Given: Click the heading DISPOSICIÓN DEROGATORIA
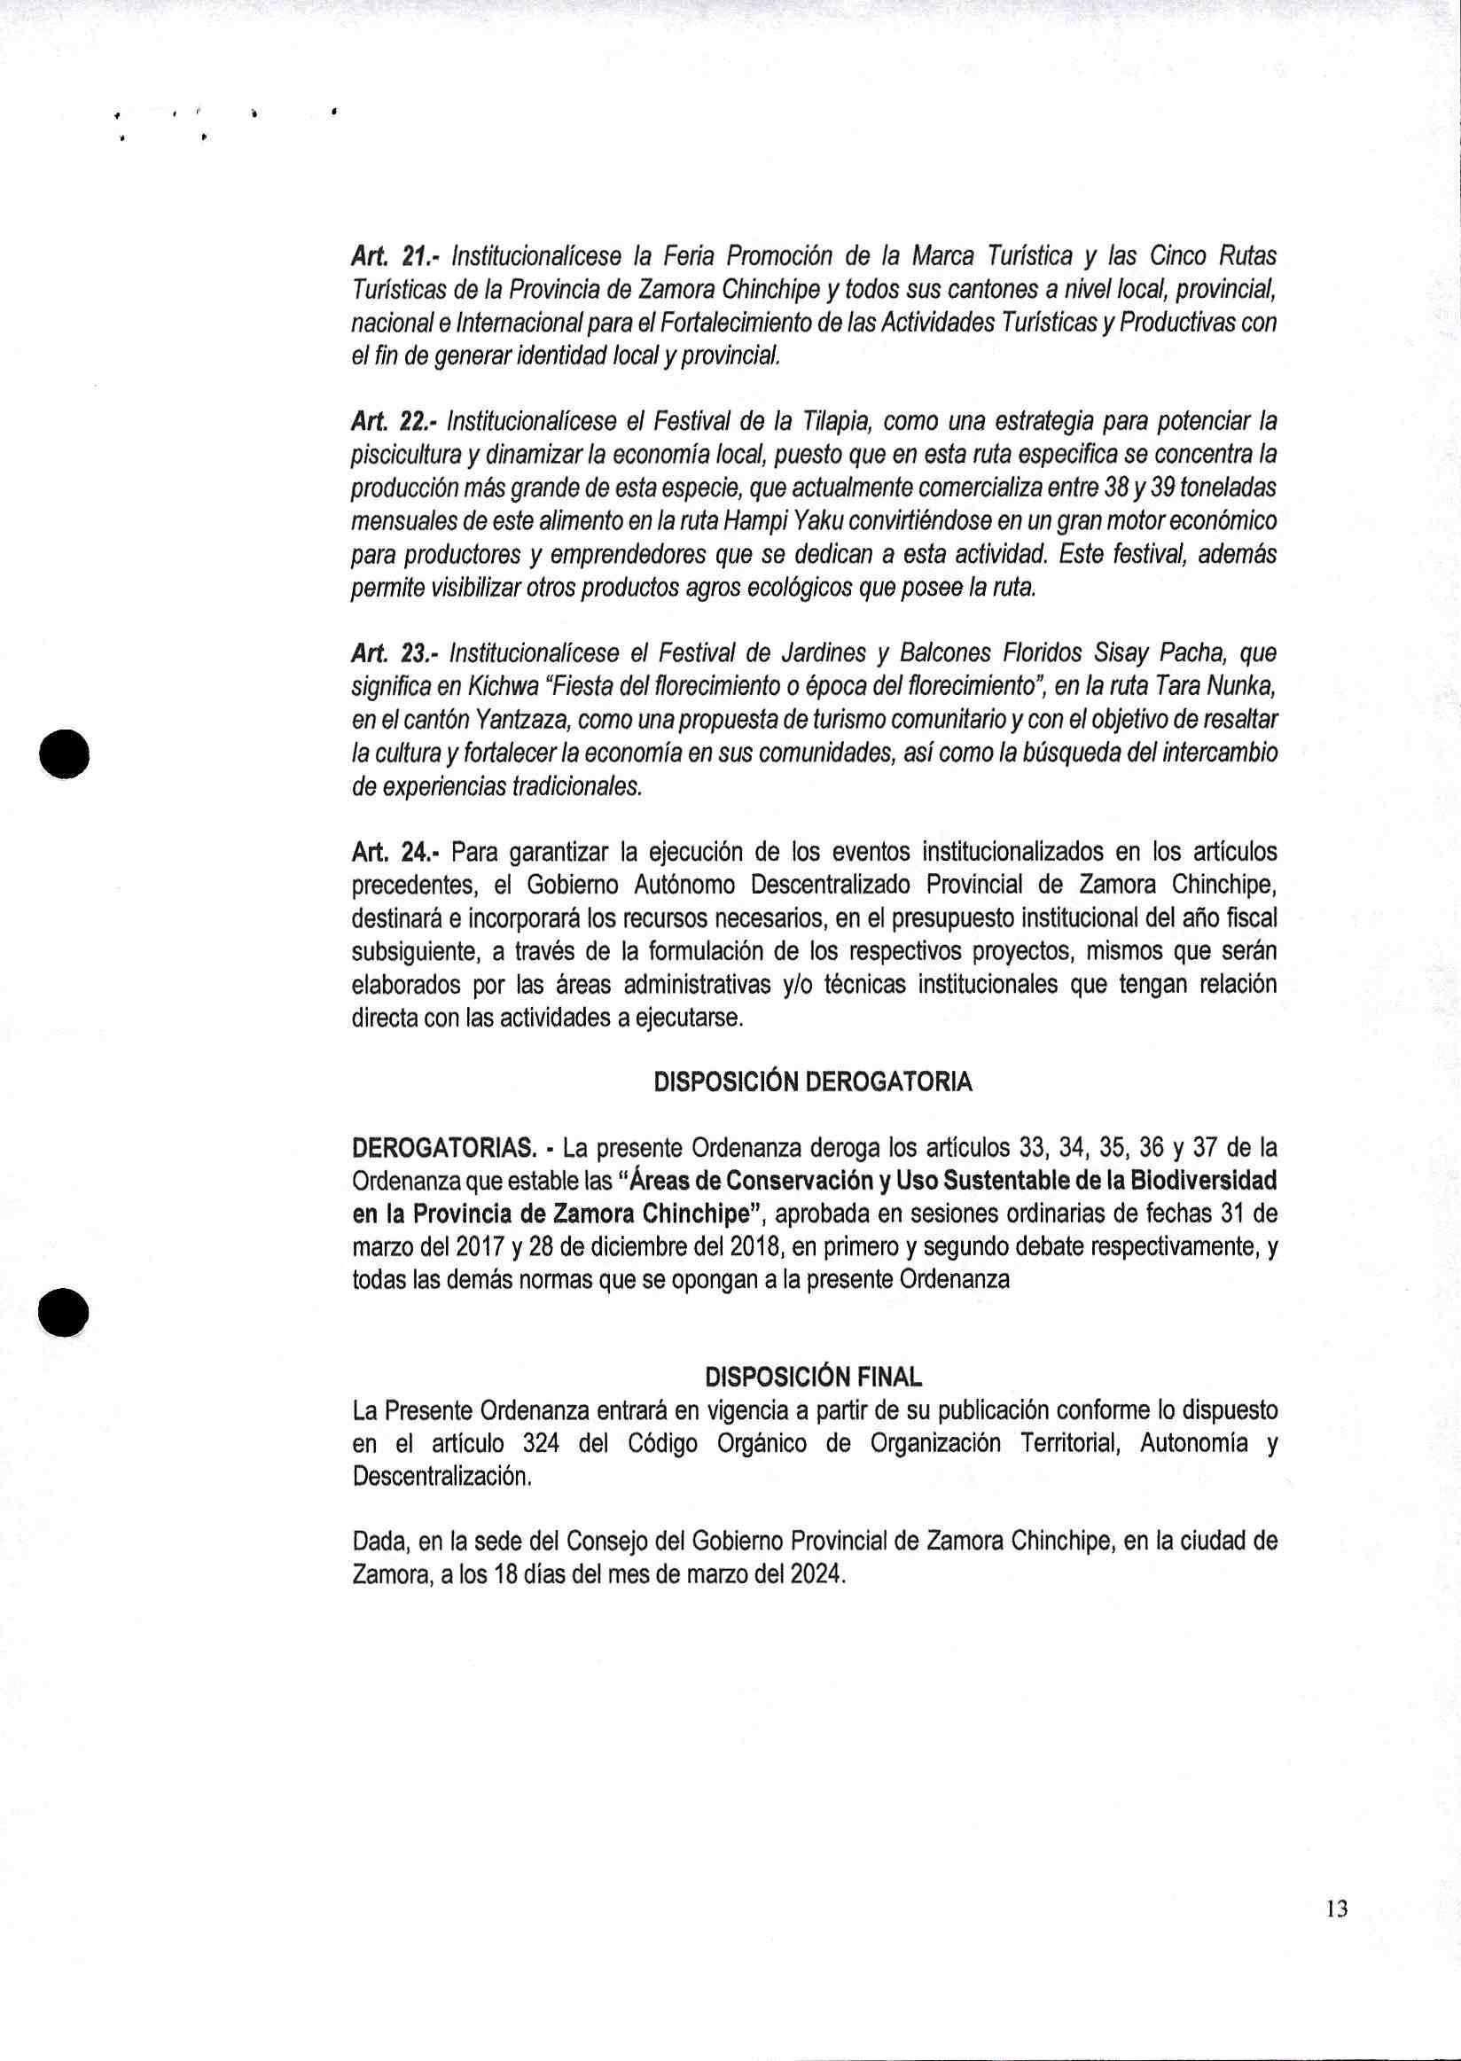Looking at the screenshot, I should [812, 1082].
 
